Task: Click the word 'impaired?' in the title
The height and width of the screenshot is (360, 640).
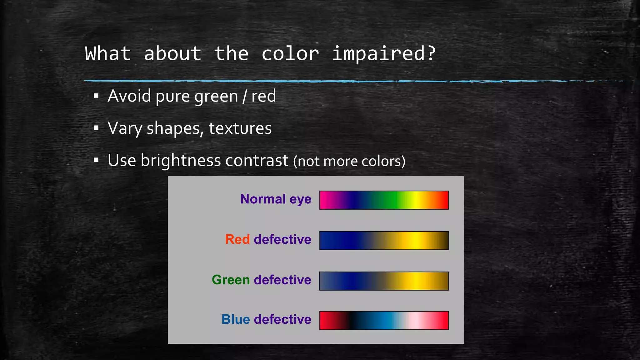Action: [x=383, y=54]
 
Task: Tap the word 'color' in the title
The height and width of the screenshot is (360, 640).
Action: [x=290, y=54]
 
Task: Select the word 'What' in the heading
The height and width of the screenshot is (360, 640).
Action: [x=108, y=54]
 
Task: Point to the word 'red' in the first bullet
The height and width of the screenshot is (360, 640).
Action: [x=263, y=96]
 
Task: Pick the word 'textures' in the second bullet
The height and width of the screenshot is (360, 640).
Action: [x=240, y=128]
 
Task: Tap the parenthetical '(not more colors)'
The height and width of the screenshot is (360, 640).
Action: [x=349, y=161]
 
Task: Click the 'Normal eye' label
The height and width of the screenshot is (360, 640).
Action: [x=276, y=199]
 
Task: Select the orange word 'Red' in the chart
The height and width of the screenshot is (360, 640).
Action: [x=237, y=239]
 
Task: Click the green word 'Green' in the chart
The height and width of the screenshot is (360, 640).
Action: [x=231, y=280]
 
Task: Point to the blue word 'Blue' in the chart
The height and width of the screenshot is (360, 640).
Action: [x=236, y=319]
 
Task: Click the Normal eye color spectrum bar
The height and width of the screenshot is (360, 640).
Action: [x=384, y=200]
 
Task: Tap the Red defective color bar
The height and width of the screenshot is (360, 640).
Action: [x=384, y=240]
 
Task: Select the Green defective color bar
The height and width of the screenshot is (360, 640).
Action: [x=384, y=281]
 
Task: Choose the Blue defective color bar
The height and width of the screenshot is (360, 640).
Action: [x=384, y=320]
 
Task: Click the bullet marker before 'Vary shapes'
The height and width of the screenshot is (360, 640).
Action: [x=96, y=128]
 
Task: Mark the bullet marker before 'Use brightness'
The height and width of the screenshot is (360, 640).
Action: [x=96, y=160]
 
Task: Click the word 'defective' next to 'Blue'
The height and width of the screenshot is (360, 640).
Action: [x=282, y=319]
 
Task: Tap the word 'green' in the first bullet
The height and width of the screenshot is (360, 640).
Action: [x=216, y=96]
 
